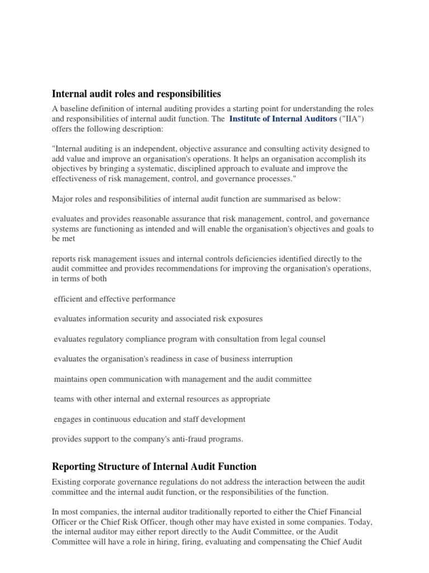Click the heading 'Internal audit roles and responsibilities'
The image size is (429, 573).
tap(136, 93)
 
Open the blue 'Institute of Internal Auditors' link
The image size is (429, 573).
tap(283, 119)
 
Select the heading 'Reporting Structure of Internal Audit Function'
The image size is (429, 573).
tap(154, 466)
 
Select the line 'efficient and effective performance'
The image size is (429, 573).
tap(115, 299)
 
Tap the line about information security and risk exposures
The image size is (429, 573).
tap(150, 318)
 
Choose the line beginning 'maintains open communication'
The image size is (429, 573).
tap(183, 379)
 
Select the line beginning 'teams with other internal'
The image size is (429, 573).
tap(162, 399)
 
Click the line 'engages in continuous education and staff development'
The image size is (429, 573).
tap(150, 419)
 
